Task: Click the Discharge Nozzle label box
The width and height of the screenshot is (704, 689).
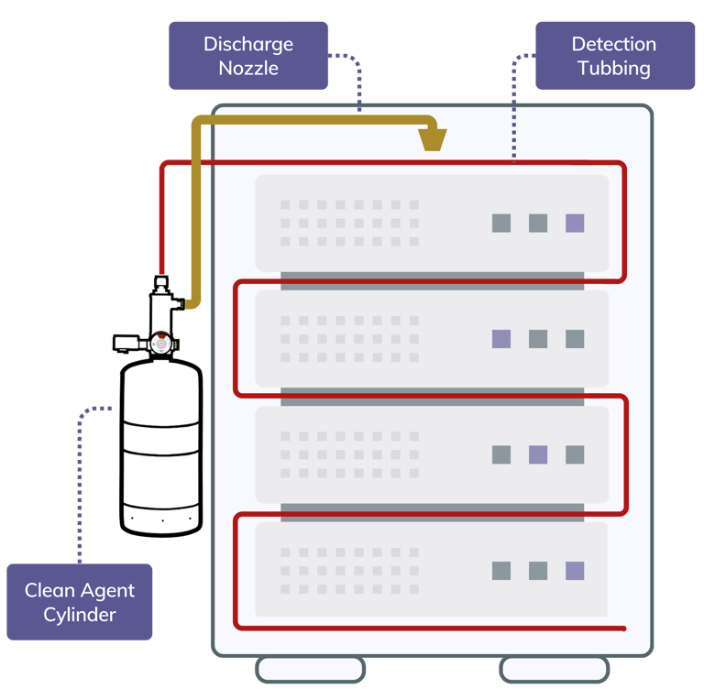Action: pos(248,56)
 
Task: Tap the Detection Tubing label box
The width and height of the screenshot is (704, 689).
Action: pos(614,56)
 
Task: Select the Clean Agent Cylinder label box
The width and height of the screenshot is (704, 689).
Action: pos(80,602)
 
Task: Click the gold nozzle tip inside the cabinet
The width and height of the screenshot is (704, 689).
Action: pos(433,138)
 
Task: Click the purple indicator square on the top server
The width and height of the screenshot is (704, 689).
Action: pos(575,223)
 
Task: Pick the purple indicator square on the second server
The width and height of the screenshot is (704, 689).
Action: pos(501,339)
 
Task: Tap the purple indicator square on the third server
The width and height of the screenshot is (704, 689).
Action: pos(538,454)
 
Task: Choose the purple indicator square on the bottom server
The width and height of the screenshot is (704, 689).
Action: pos(575,571)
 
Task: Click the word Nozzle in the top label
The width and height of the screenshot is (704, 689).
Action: pos(248,68)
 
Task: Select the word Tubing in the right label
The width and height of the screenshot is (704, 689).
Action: pos(614,68)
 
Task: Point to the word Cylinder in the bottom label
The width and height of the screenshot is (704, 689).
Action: pos(80,614)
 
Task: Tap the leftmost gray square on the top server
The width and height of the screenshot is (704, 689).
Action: pos(501,223)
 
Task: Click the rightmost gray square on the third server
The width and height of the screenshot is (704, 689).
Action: pos(575,454)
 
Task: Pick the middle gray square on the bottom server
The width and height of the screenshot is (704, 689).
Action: pos(538,571)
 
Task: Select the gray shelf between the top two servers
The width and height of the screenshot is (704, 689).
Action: pos(432,280)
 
